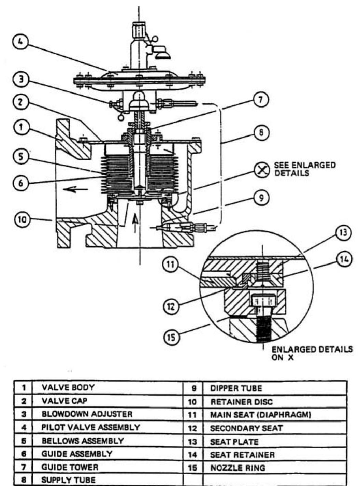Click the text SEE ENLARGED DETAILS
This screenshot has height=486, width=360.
[304, 169]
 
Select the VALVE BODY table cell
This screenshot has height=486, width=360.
[68, 388]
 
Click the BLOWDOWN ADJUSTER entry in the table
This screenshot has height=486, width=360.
[87, 414]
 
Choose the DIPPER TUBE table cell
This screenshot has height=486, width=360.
[236, 388]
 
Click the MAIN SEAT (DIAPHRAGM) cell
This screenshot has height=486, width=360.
[260, 415]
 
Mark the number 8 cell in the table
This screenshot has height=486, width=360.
[24, 480]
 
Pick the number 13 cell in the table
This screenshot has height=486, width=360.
[192, 442]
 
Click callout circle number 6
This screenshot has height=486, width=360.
[21, 183]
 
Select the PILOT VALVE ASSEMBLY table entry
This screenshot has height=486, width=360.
[90, 427]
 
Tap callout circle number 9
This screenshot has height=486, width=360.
[261, 198]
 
